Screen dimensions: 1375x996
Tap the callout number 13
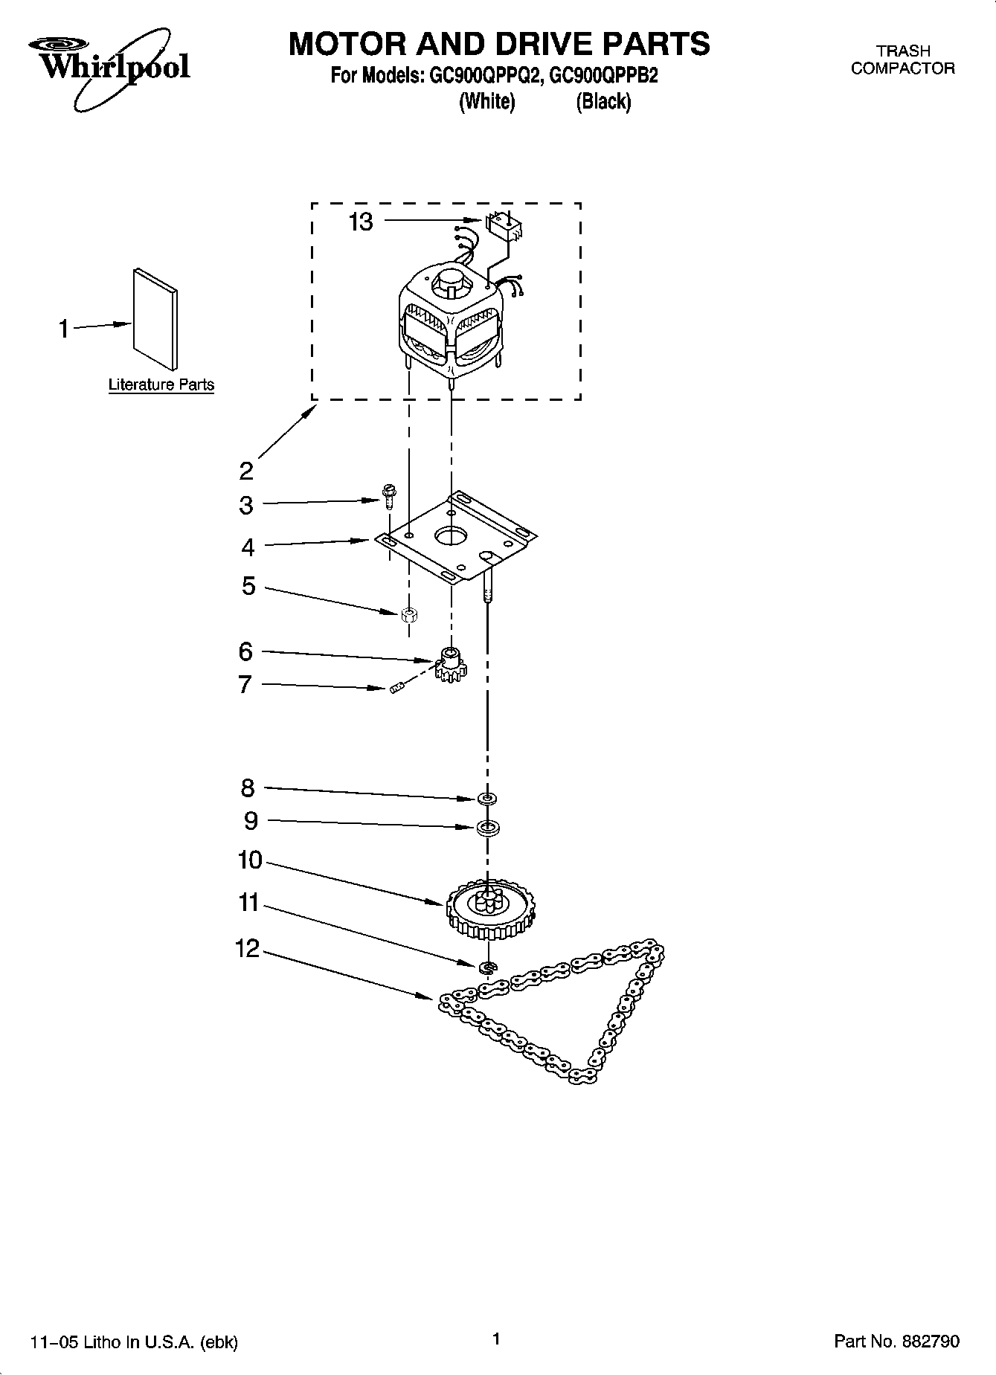point(361,222)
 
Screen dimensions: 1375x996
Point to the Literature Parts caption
point(161,385)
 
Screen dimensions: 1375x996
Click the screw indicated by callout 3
point(388,495)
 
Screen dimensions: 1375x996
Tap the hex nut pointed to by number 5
point(408,614)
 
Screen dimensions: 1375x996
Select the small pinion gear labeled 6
point(450,664)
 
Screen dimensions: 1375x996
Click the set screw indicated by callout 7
point(396,688)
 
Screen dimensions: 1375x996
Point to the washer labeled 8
point(487,799)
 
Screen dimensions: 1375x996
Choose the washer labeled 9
point(487,827)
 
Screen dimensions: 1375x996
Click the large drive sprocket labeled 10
point(490,912)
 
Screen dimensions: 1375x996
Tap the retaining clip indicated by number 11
point(488,967)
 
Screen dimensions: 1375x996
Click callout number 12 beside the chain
point(248,949)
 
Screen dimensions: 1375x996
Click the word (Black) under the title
point(603,101)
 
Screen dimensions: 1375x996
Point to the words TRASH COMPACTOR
point(902,59)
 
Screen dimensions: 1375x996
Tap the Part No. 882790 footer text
point(897,1342)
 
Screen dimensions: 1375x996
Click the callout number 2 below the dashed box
point(247,470)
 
